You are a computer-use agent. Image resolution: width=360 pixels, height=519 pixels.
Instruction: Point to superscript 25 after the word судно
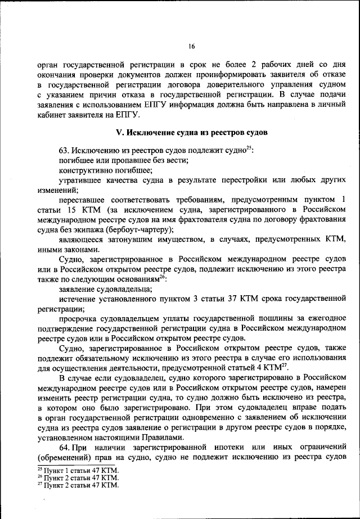[x=249, y=148]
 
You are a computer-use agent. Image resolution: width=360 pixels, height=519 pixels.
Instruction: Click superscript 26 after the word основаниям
[x=163, y=277]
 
